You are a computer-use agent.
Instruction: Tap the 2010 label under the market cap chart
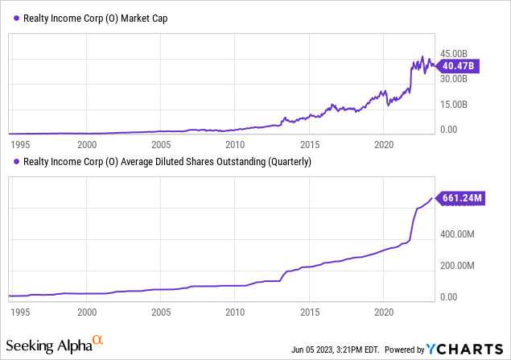click(x=235, y=144)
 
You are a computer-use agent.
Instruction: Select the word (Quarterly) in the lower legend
click(x=282, y=161)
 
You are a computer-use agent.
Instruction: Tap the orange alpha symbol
click(x=97, y=341)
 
